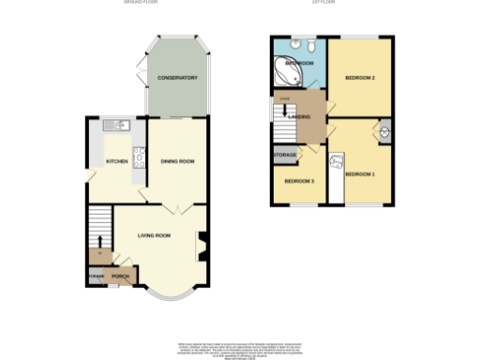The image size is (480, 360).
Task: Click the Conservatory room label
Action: pos(177,77)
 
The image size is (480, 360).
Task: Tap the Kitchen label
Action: pos(116,161)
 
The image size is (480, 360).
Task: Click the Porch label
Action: pos(120,277)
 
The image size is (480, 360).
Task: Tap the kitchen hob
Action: pos(138,156)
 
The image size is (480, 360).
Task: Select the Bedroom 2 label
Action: pos(360,77)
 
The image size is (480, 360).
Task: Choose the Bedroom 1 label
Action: pos(360,173)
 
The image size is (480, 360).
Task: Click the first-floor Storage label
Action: pos(285,155)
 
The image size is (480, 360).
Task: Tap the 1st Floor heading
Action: pos(323,3)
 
